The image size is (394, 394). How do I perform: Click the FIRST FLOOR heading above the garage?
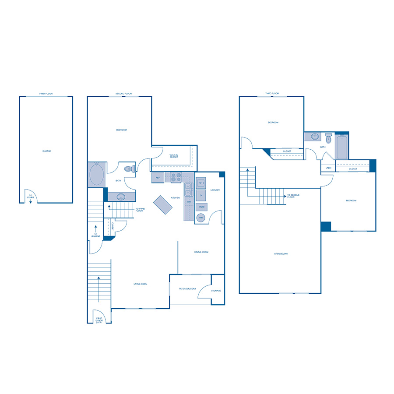pyautogui.click(x=46, y=94)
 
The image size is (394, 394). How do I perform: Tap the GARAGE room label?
pyautogui.click(x=46, y=151)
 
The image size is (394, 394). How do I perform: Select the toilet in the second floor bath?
pyautogui.click(x=129, y=169)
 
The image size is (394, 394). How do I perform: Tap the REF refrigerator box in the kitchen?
pyautogui.click(x=158, y=178)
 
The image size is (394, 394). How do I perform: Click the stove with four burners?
pyautogui.click(x=176, y=178)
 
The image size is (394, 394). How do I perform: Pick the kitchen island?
pyautogui.click(x=163, y=204)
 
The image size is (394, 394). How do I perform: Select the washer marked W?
pyautogui.click(x=201, y=183)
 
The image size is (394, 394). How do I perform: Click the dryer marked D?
pyautogui.click(x=201, y=195)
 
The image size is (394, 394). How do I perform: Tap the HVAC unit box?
pyautogui.click(x=201, y=207)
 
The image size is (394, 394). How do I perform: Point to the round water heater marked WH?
pyautogui.click(x=201, y=218)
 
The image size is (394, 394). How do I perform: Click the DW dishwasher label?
pyautogui.click(x=189, y=202)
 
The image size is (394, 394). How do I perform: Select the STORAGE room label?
pyautogui.click(x=216, y=291)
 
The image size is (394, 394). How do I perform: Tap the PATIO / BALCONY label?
pyautogui.click(x=187, y=289)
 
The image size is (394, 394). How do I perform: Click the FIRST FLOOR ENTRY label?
pyautogui.click(x=99, y=320)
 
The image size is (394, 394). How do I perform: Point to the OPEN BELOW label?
pyautogui.click(x=281, y=254)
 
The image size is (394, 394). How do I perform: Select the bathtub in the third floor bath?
pyautogui.click(x=341, y=148)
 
